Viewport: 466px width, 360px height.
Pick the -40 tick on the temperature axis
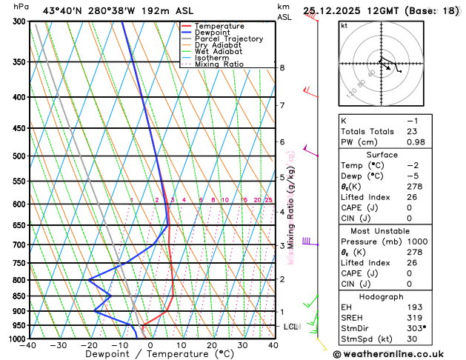[x=29, y=345]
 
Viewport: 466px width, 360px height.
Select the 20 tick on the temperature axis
[x=212, y=345]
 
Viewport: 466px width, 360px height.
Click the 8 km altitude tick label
[x=282, y=68]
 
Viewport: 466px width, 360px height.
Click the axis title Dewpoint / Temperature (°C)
[x=150, y=355]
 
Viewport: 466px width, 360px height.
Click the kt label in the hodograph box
[x=344, y=26]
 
